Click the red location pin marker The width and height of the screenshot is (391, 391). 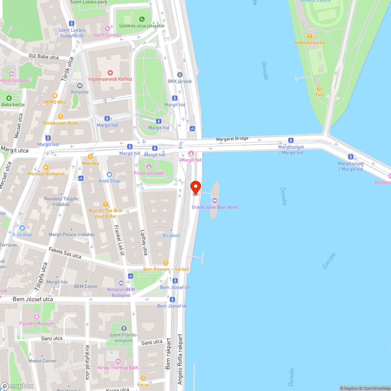(x=195, y=187)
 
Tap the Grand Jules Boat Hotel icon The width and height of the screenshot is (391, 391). (x=214, y=201)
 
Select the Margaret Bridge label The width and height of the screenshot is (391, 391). (x=232, y=139)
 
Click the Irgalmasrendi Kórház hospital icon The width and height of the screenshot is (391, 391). (x=110, y=73)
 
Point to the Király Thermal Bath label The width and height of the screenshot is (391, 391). (x=118, y=368)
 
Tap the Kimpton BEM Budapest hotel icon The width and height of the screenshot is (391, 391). (x=121, y=283)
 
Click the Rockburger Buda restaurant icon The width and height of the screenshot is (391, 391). (x=60, y=117)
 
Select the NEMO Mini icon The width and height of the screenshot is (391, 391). (x=54, y=95)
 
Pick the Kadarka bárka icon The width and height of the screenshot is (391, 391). (x=309, y=36)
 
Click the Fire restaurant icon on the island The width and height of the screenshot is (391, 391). (x=319, y=88)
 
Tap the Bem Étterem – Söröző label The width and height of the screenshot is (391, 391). (x=166, y=269)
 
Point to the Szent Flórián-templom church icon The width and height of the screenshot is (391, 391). (x=124, y=328)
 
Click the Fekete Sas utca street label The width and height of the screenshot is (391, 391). (x=65, y=253)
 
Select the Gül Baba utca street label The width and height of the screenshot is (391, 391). (x=43, y=57)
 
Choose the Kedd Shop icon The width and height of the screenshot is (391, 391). (x=109, y=174)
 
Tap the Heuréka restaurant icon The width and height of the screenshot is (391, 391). (x=90, y=156)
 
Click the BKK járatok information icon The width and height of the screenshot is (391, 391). (x=180, y=75)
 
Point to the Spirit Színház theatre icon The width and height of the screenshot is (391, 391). (x=108, y=29)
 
